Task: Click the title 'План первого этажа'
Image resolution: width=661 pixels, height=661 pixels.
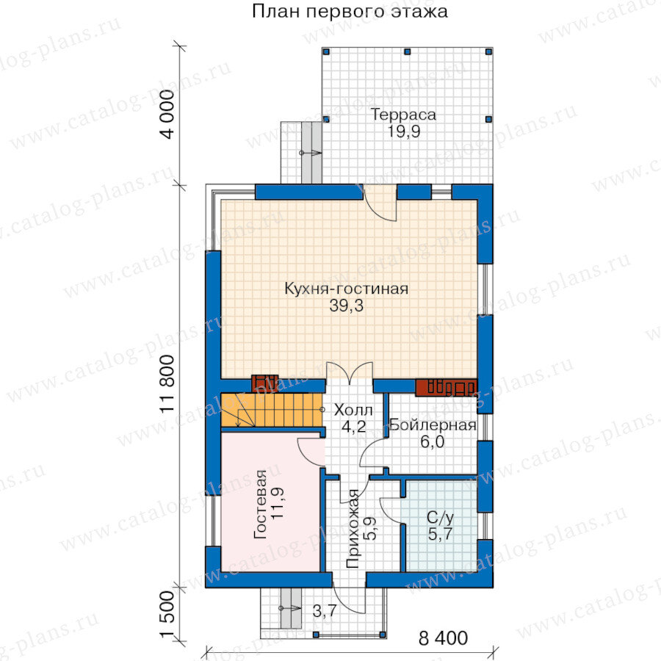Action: coord(350,11)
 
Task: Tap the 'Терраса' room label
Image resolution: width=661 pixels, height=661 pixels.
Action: coord(403,115)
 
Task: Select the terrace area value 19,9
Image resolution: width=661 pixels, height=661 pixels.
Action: coord(404,131)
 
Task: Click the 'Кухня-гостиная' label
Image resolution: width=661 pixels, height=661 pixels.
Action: coord(347,289)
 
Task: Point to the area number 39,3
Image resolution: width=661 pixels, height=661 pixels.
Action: coord(346,306)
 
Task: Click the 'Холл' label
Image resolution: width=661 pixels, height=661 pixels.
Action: coord(353,410)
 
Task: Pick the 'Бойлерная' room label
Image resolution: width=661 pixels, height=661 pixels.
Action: coord(433,425)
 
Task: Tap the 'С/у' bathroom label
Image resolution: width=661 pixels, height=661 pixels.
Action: coord(440,517)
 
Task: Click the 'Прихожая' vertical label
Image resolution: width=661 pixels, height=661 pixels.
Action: coord(353,529)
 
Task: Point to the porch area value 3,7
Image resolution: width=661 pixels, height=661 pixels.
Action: coord(324,610)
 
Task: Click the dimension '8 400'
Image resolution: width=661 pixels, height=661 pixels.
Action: coord(443,638)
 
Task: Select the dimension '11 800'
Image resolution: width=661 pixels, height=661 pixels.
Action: coord(167,383)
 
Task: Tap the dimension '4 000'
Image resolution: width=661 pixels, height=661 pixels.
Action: coord(167,115)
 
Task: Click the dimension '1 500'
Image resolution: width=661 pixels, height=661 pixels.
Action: coord(167,615)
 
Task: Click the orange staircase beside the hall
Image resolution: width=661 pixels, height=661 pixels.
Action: coord(272,410)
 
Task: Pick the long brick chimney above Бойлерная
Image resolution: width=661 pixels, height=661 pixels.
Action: coord(446,388)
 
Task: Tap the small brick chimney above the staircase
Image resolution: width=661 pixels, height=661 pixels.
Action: coord(264,383)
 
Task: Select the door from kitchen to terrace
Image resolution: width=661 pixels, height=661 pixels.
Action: coord(380,203)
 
